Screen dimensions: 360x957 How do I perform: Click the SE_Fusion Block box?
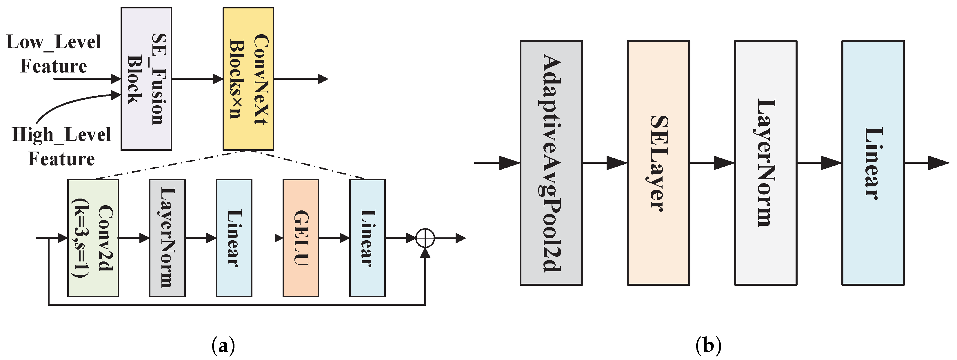[146, 79]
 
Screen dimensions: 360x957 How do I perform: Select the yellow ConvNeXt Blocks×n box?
[248, 79]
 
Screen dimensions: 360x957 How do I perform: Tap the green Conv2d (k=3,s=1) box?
[93, 238]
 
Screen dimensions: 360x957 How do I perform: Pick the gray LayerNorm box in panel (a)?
[167, 238]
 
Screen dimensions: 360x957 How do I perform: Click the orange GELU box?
[301, 238]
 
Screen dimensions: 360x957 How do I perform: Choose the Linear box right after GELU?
[367, 238]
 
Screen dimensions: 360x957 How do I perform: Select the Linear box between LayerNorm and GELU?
[234, 238]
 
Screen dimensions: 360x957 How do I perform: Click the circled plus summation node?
[425, 238]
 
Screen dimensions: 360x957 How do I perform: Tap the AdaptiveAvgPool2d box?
[551, 163]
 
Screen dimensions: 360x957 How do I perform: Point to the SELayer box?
[658, 163]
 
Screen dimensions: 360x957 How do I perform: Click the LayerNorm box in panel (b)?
[765, 163]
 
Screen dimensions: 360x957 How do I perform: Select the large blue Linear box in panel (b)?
[873, 163]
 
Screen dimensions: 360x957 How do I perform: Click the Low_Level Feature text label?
[54, 54]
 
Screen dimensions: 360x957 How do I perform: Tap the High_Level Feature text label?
[61, 146]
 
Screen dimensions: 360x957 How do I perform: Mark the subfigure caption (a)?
[223, 346]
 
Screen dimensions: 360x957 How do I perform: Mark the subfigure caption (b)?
[708, 346]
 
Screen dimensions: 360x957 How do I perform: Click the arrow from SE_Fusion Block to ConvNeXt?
[197, 79]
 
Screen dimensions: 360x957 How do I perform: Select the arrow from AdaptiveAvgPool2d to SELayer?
[605, 163]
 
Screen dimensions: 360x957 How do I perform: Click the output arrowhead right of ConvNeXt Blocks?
[323, 79]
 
